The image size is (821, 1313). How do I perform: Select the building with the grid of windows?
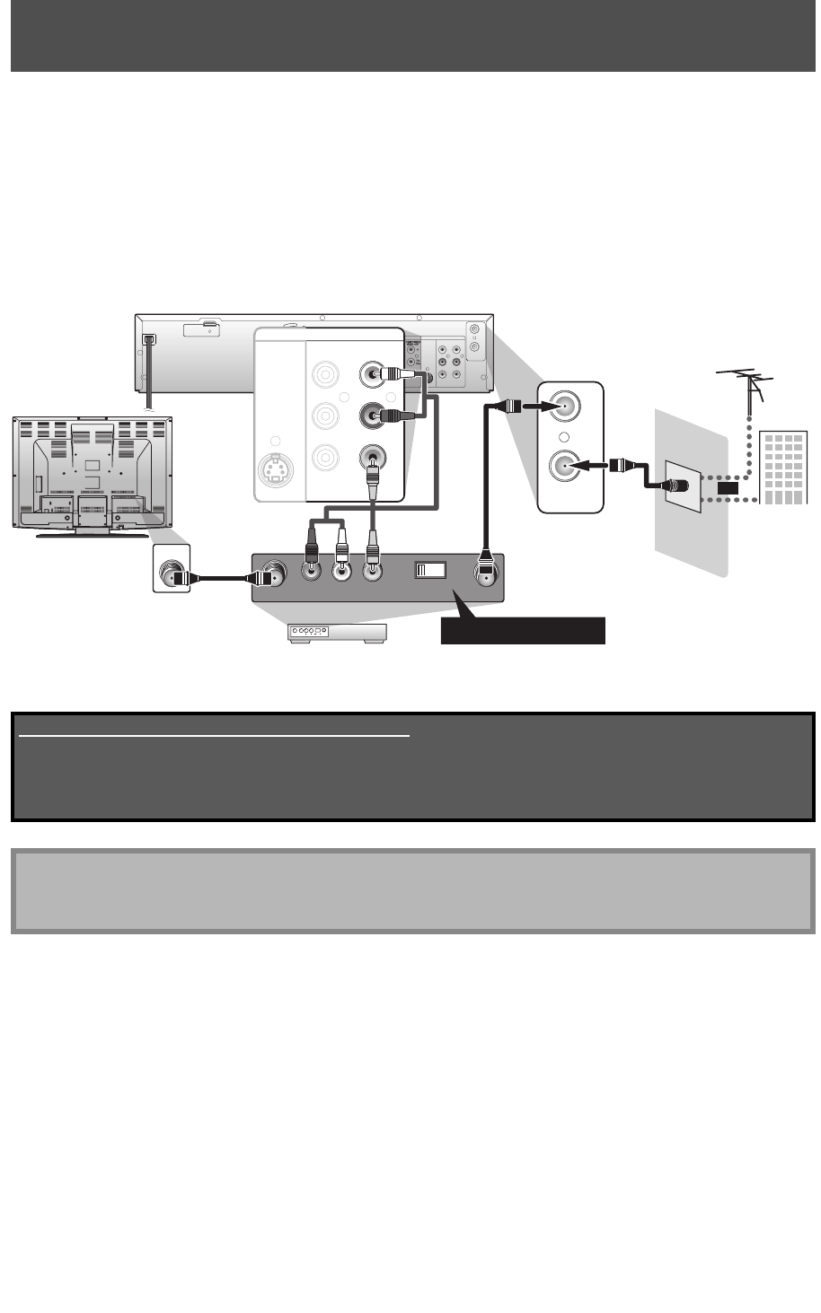point(782,468)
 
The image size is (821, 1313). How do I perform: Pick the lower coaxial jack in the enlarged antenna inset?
point(567,468)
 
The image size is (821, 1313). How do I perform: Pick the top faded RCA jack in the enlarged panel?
point(324,373)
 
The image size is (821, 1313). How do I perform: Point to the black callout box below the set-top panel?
point(523,631)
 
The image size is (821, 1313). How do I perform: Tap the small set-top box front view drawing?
point(336,633)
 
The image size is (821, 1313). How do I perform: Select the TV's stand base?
point(90,534)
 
